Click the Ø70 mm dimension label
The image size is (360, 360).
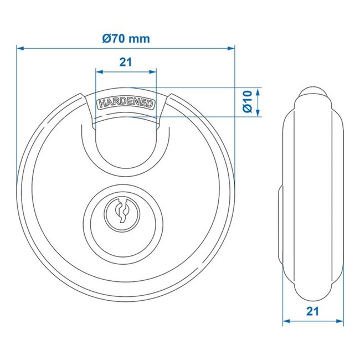click(126, 38)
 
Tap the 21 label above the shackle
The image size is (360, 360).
click(126, 63)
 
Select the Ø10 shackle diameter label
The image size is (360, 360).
click(249, 102)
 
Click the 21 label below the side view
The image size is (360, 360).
click(313, 311)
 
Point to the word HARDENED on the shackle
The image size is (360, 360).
click(126, 104)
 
